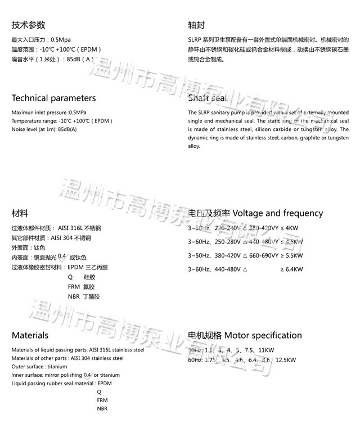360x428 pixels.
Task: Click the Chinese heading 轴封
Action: [x=196, y=25]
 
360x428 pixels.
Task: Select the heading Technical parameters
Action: [x=54, y=98]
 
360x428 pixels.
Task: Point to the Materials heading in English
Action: [x=30, y=336]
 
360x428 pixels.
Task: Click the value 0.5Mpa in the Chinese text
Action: [x=61, y=40]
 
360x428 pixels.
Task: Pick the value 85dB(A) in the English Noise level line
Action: [x=67, y=130]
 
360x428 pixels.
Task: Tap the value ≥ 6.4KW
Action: [x=291, y=270]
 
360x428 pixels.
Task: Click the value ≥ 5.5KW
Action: [x=291, y=256]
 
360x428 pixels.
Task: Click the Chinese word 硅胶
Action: [x=89, y=277]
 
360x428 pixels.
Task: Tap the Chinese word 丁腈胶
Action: [x=91, y=296]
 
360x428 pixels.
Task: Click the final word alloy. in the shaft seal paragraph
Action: [x=194, y=146]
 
